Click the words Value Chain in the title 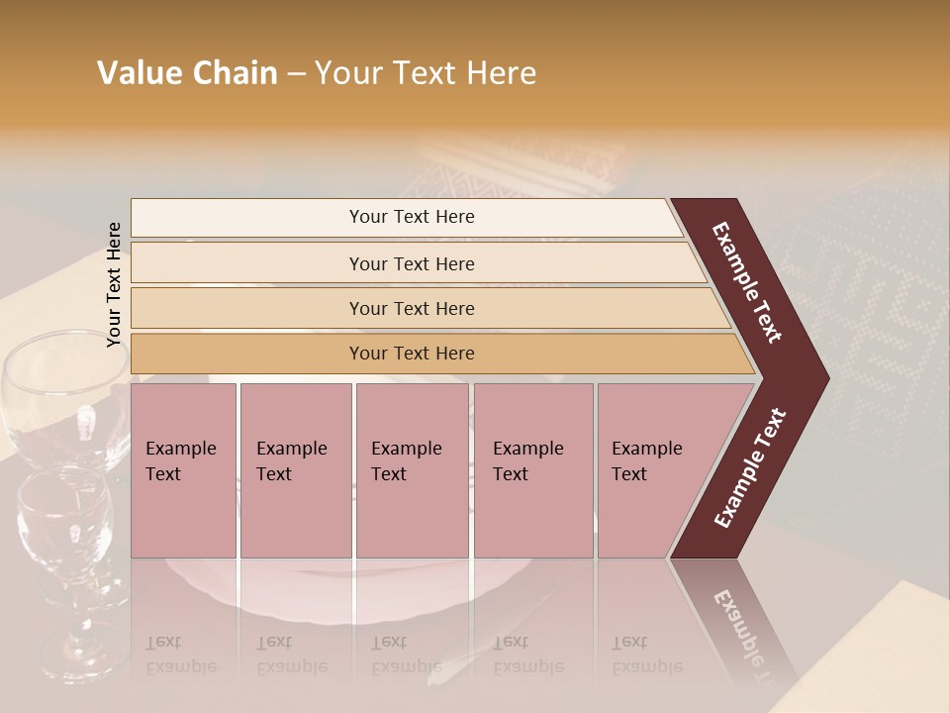pos(187,73)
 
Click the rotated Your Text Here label pos(115,284)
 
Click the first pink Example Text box pos(183,470)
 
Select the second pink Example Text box pos(295,470)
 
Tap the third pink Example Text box pos(412,470)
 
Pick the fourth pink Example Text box pos(532,470)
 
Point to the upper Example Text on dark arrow pos(748,282)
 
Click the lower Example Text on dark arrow pos(749,468)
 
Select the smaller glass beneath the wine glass pos(61,525)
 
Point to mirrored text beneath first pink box pos(180,655)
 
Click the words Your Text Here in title pos(426,73)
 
